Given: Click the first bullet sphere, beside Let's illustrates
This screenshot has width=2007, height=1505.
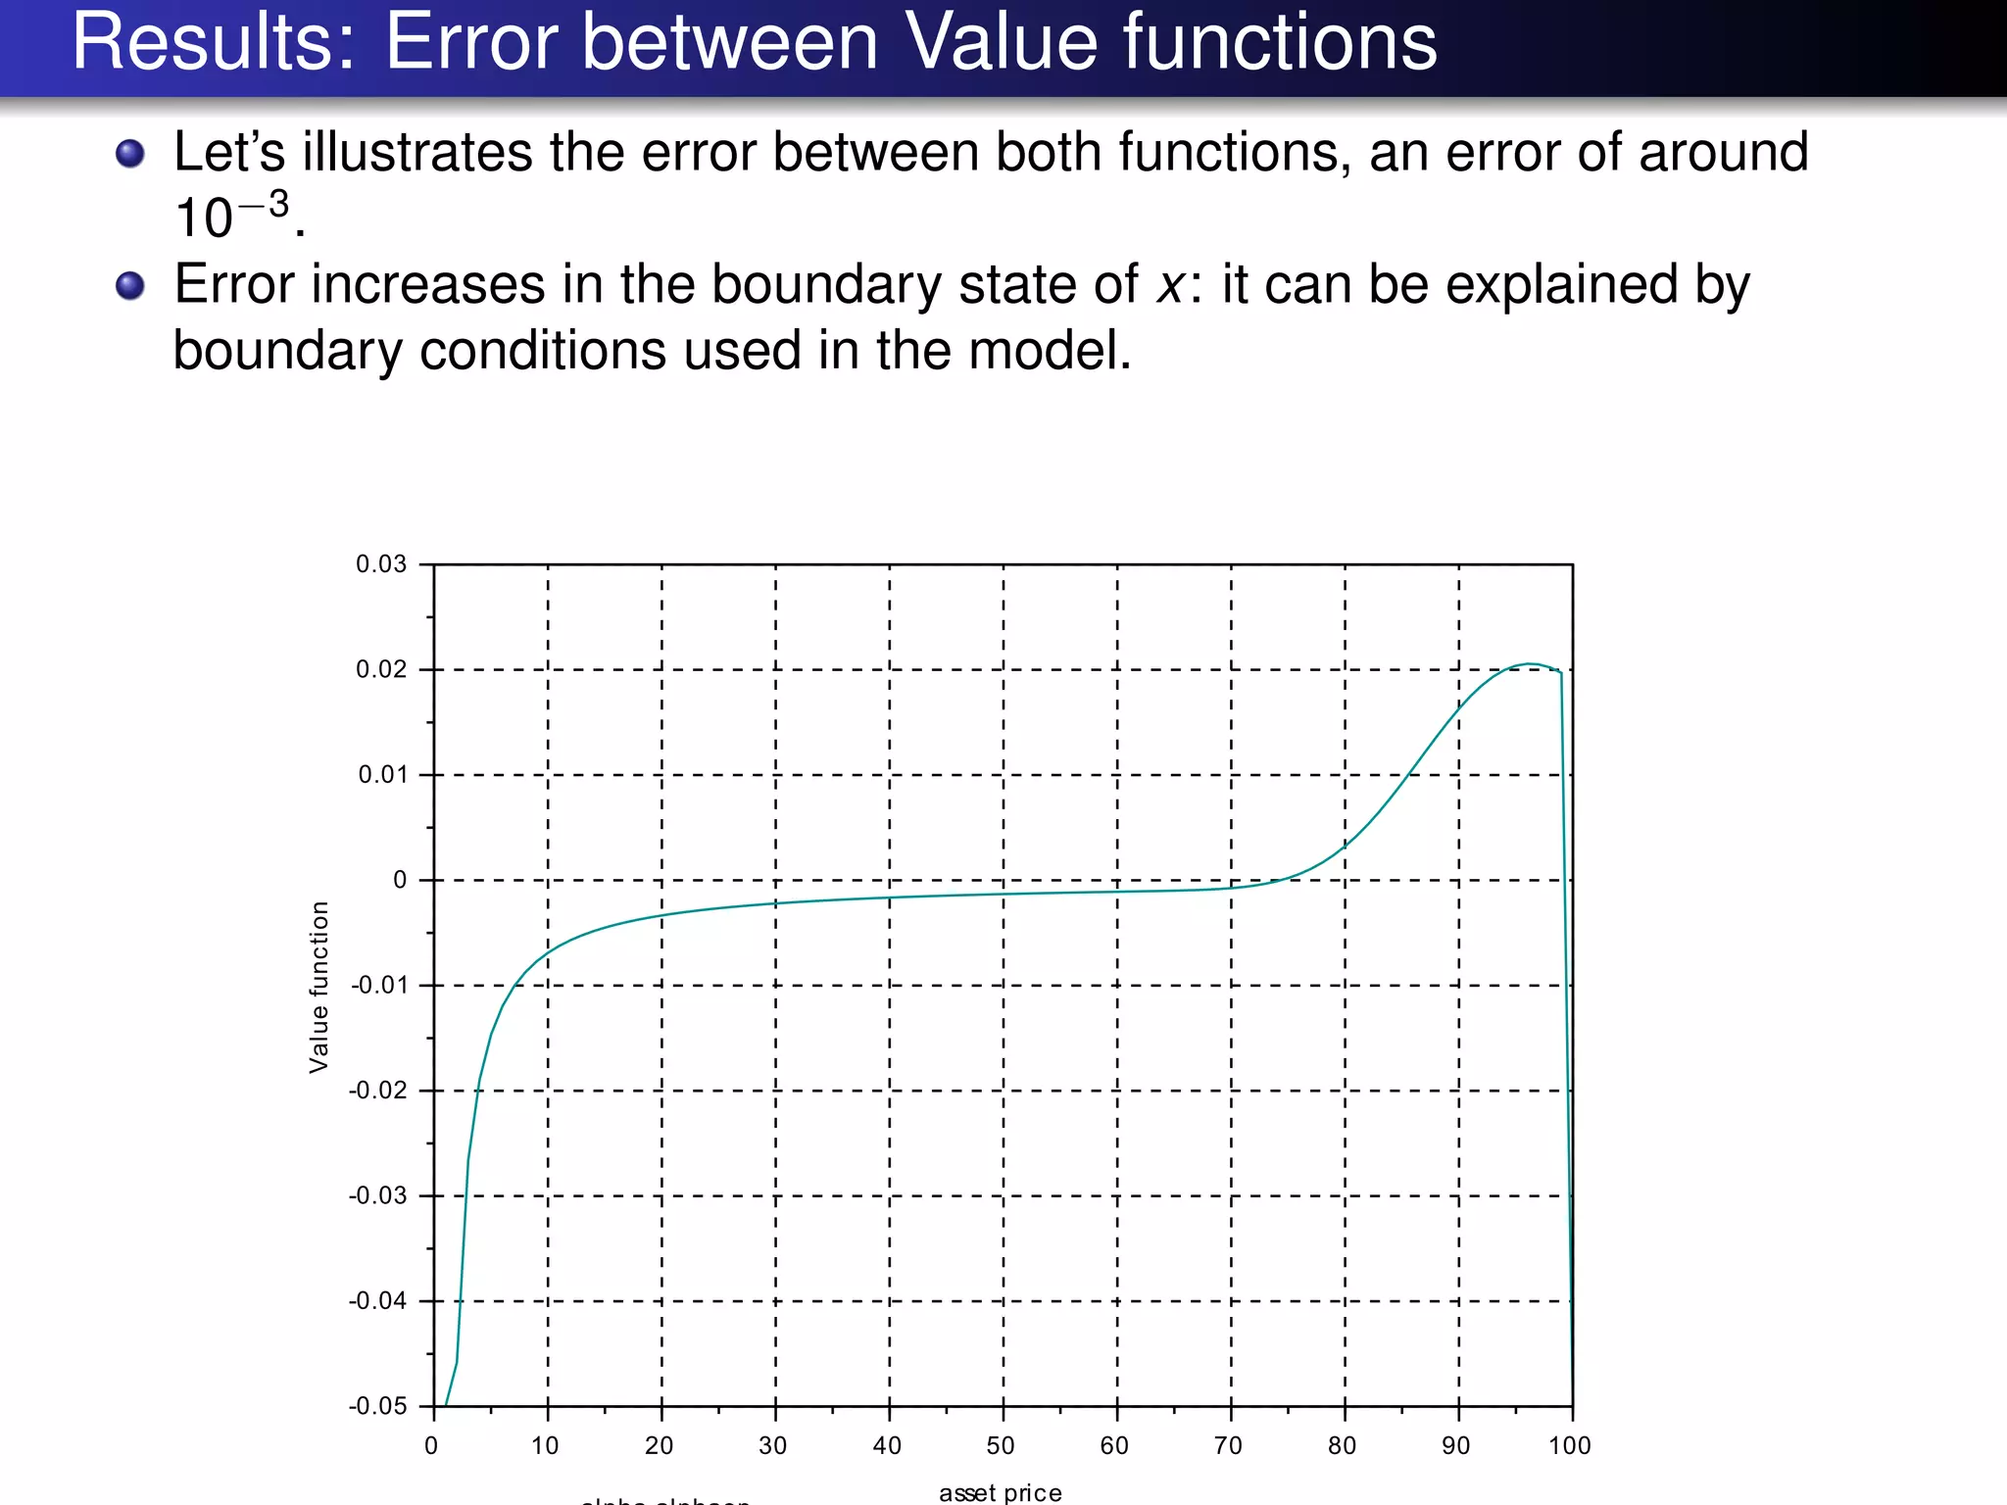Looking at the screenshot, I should pos(130,154).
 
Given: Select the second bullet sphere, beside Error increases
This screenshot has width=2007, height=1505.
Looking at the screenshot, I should pos(130,286).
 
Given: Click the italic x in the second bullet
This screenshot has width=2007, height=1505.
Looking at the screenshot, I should pos(1170,286).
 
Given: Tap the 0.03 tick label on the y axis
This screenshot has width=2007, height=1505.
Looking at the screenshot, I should pos(380,564).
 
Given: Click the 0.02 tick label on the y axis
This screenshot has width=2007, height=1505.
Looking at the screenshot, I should pos(380,670).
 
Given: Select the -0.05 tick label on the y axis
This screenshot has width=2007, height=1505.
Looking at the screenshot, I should pos(377,1407).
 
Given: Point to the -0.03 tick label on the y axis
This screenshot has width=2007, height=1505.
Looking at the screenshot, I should pos(377,1196).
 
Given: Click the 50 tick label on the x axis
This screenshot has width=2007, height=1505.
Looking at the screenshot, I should pos(1001,1446).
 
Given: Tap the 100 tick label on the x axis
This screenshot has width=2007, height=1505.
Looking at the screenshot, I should pos(1570,1446).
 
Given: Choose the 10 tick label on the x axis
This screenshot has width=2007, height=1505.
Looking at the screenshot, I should pos(545,1446).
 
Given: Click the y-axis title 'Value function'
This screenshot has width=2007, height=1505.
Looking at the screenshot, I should pos(319,988).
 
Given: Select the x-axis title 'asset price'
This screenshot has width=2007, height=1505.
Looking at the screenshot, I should pos(1001,1492).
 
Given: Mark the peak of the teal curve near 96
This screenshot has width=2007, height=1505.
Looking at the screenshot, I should pos(1530,664).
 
